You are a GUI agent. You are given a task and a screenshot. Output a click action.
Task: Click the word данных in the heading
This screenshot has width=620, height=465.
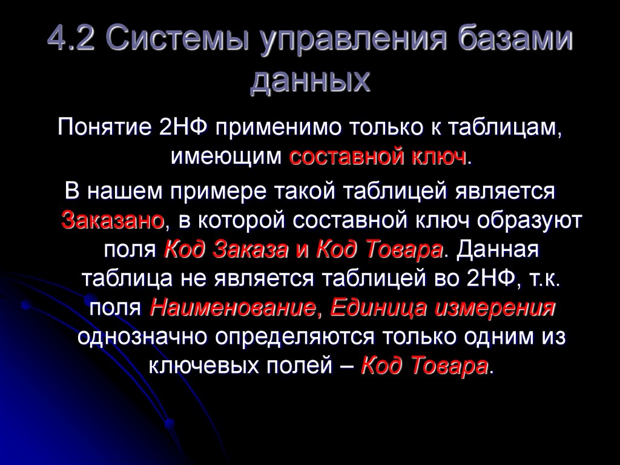pyautogui.click(x=309, y=82)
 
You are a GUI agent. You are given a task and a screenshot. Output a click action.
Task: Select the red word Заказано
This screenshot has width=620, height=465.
pyautogui.click(x=113, y=220)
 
